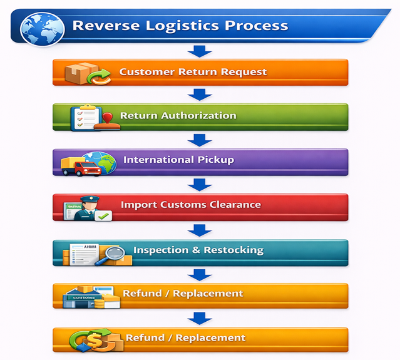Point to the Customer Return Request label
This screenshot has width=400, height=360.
pos(193,71)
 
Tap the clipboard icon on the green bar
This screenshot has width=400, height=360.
pos(85,117)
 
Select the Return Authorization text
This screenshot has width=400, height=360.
pos(178,116)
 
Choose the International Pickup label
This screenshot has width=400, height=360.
pos(178,160)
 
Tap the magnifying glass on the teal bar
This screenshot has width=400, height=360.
pos(111,254)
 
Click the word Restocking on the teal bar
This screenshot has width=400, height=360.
pos(233,250)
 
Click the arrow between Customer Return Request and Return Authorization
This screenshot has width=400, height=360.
pos(200,95)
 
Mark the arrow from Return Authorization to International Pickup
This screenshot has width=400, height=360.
pos(200,139)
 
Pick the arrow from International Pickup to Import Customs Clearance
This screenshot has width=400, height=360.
pos(200,184)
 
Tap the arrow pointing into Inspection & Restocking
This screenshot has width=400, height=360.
pos(200,230)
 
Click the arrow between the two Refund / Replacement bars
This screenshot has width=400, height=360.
pos(200,318)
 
